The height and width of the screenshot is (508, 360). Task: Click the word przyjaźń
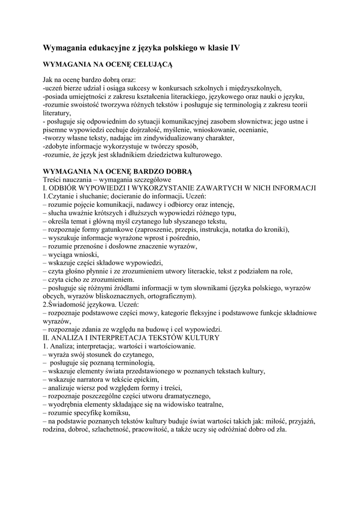click(299, 421)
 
